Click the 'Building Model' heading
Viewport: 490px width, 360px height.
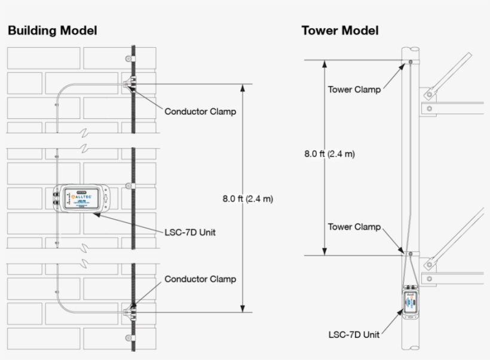point(52,30)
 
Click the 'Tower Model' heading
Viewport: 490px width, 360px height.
point(339,30)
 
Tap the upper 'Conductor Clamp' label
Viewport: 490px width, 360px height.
point(200,111)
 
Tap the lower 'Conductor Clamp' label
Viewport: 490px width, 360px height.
point(200,279)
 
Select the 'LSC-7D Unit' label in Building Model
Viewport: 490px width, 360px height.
point(189,233)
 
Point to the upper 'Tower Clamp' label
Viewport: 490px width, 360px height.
point(354,90)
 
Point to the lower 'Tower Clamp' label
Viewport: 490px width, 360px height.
point(354,227)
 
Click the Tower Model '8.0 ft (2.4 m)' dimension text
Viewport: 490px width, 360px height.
point(329,154)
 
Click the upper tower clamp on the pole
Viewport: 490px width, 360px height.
point(410,62)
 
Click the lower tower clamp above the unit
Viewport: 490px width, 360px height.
point(411,254)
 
